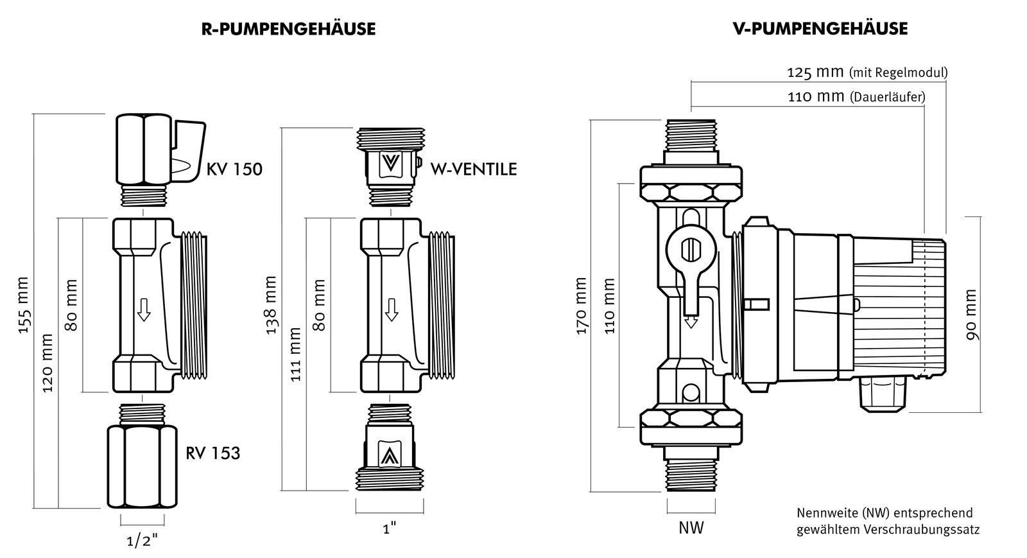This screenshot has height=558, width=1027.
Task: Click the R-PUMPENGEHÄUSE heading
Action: pyautogui.click(x=288, y=29)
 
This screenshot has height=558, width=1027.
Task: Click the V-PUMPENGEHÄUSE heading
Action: pyautogui.click(x=820, y=29)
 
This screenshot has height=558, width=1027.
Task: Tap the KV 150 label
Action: pyautogui.click(x=234, y=170)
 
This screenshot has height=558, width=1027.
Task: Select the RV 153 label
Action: pyautogui.click(x=213, y=453)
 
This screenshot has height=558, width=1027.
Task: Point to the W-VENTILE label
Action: pyautogui.click(x=465, y=170)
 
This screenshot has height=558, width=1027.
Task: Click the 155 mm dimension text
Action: pyautogui.click(x=24, y=305)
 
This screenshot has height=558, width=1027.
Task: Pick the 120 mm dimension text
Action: pyautogui.click(x=47, y=363)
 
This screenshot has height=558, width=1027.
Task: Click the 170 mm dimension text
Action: pyautogui.click(x=582, y=306)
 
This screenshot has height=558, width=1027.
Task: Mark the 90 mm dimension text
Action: pyautogui.click(x=970, y=315)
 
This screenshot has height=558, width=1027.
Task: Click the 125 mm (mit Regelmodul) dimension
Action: pyautogui.click(x=867, y=73)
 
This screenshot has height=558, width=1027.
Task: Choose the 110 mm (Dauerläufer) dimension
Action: pyautogui.click(x=856, y=98)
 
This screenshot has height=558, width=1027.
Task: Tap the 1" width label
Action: pyautogui.click(x=389, y=528)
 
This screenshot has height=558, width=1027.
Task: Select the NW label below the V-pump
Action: pyautogui.click(x=691, y=528)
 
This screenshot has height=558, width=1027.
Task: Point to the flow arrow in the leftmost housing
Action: pyautogui.click(x=144, y=311)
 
